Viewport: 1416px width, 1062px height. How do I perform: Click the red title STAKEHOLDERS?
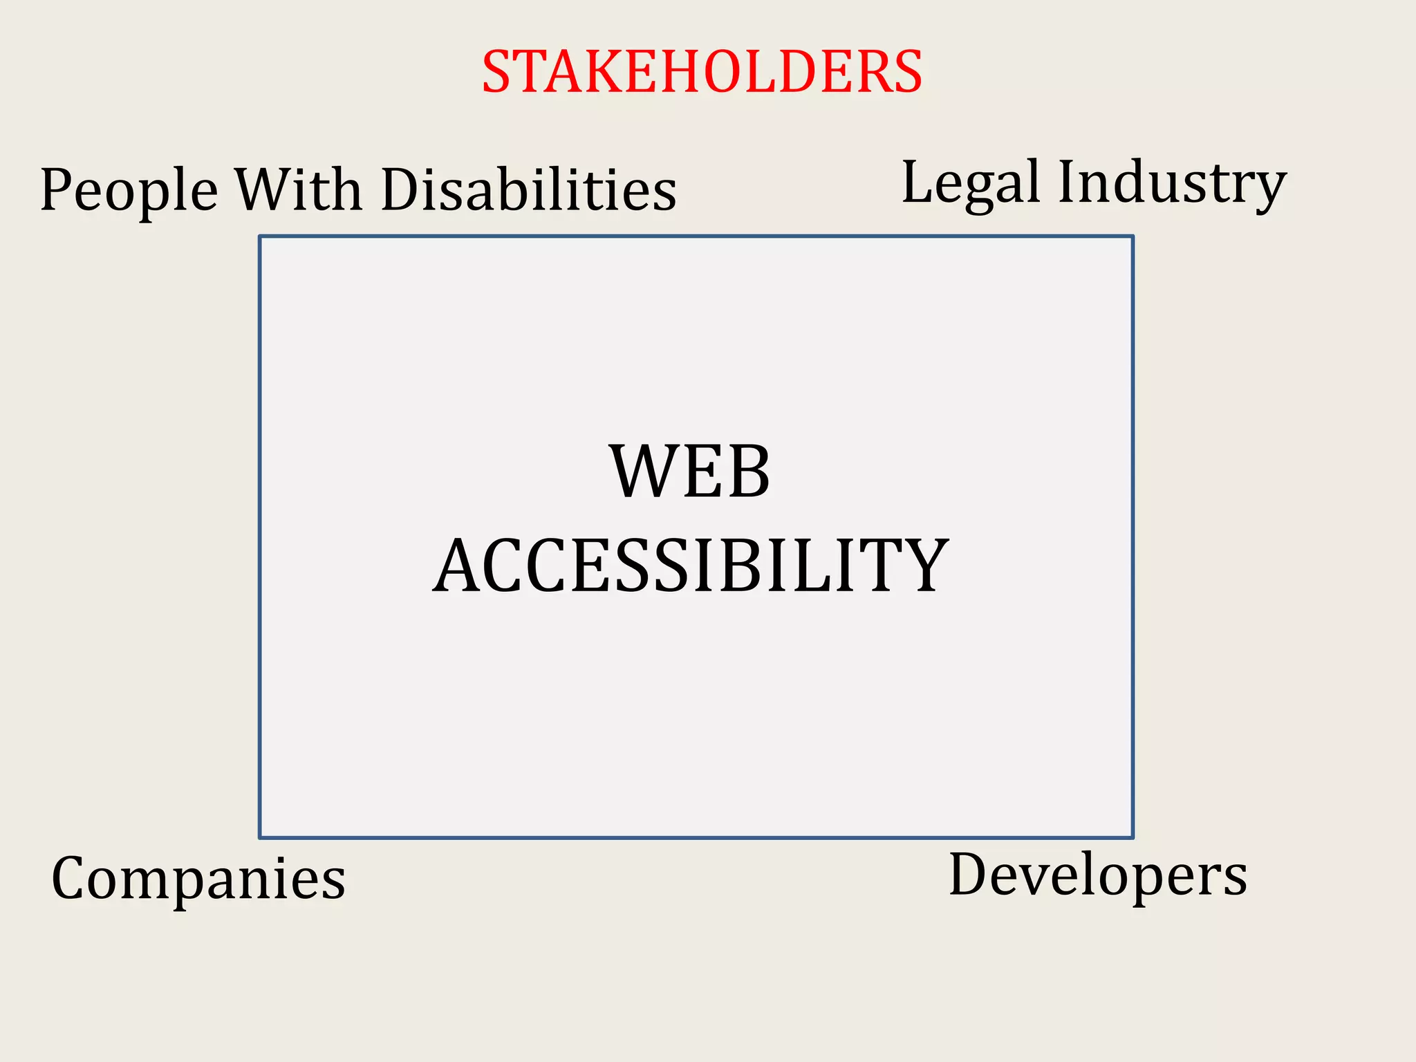[x=702, y=72]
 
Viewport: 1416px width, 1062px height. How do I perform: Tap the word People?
[x=129, y=191]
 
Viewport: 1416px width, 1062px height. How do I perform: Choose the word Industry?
[x=1172, y=183]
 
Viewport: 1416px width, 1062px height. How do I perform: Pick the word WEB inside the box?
[x=690, y=472]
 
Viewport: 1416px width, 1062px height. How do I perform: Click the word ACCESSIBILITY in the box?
[x=690, y=566]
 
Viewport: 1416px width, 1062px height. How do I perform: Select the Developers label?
[x=1098, y=875]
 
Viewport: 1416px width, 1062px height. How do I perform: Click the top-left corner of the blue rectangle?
[x=260, y=236]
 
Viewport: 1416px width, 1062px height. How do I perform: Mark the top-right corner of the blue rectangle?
[x=1133, y=236]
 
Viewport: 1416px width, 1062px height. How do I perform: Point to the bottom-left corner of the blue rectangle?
[x=260, y=837]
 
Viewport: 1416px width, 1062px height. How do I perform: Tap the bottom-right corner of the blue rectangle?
[x=1133, y=837]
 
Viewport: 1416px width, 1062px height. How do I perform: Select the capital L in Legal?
[x=920, y=181]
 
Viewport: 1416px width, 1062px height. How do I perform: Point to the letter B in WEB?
[x=747, y=472]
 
